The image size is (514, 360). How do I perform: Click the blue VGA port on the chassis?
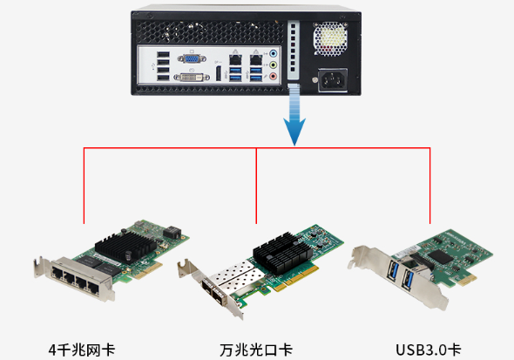[x=193, y=60]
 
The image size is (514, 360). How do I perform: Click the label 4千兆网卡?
[x=82, y=350]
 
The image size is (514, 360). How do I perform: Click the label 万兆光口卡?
[x=256, y=350]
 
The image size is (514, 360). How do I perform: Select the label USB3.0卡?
[x=427, y=350]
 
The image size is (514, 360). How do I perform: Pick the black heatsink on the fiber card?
[x=281, y=254]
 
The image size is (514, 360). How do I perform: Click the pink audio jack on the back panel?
[x=274, y=76]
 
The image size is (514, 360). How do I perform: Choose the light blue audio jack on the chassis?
[x=274, y=54]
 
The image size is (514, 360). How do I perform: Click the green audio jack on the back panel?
[x=274, y=65]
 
